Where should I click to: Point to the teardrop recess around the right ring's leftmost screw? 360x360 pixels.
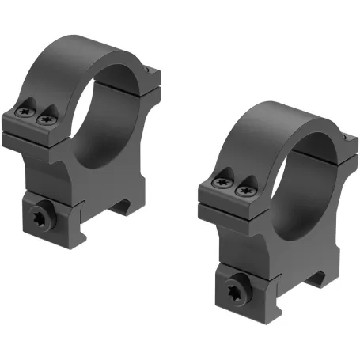[x=221, y=179]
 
